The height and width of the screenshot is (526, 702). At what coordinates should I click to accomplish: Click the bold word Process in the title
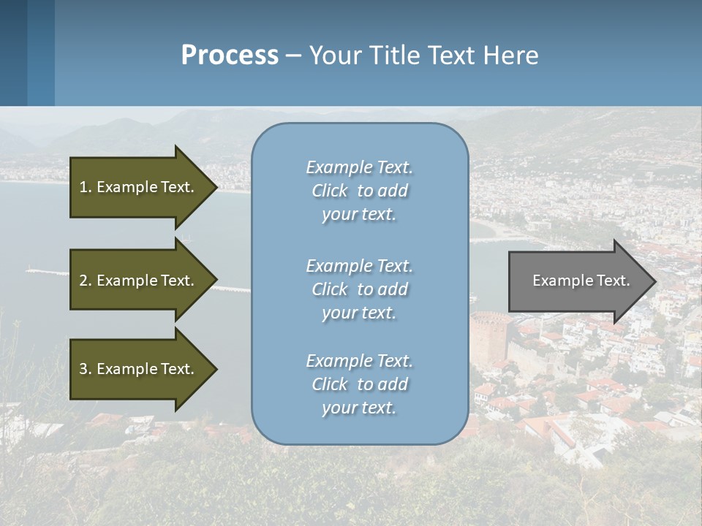(x=230, y=56)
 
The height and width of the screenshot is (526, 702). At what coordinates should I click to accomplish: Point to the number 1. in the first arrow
(x=86, y=187)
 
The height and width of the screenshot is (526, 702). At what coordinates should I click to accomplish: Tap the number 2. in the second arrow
(x=86, y=281)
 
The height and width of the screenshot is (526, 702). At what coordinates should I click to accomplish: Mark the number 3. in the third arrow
(x=86, y=369)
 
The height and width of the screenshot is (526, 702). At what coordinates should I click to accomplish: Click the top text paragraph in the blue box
(x=359, y=191)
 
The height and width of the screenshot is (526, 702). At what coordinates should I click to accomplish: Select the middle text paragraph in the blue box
(x=359, y=289)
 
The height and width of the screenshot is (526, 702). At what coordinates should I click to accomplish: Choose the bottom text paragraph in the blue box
(x=359, y=384)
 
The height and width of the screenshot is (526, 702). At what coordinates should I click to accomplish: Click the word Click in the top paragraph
(x=330, y=191)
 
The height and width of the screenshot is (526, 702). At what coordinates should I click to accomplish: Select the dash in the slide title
(x=293, y=56)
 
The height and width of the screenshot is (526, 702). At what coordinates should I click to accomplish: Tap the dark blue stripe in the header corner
(x=13, y=53)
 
